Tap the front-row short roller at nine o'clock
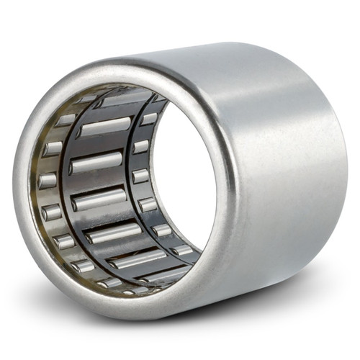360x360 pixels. point(48,180)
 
